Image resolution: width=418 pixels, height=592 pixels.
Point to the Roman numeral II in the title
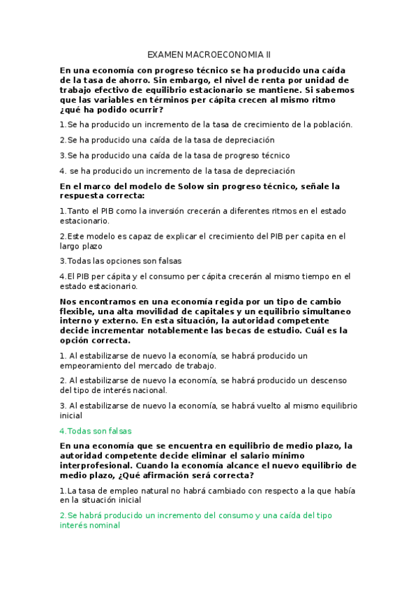[267, 54]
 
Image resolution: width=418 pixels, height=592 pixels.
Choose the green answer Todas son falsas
[98, 431]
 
